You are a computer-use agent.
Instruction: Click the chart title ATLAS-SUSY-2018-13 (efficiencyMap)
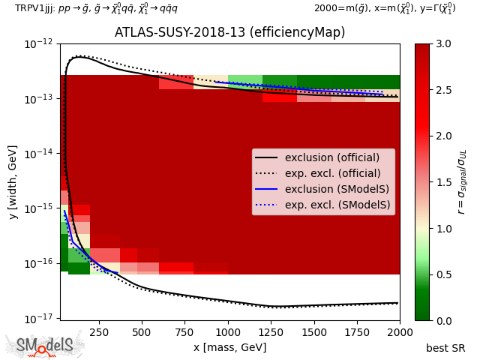click(x=229, y=33)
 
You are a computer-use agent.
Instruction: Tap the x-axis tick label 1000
click(x=228, y=331)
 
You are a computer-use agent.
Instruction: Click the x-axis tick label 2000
click(x=399, y=331)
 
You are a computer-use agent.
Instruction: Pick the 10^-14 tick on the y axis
click(x=40, y=154)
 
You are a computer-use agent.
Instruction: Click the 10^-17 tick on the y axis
click(x=40, y=319)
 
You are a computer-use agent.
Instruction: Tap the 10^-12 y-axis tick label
click(x=40, y=44)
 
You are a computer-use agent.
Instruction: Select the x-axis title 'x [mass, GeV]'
click(x=229, y=347)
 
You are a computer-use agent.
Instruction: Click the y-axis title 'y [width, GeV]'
click(x=13, y=181)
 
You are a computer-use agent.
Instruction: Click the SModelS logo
click(x=45, y=346)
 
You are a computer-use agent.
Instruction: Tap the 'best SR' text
click(x=445, y=348)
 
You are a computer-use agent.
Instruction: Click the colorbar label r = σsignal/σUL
click(x=462, y=181)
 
